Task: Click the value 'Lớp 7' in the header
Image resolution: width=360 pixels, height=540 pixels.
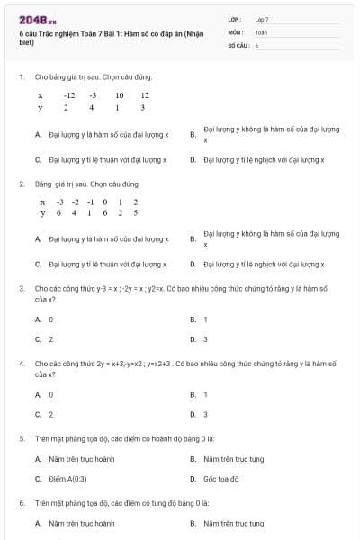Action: (262, 19)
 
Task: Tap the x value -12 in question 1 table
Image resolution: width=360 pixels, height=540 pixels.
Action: (69, 94)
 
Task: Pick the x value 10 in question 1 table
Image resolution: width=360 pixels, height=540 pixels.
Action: (119, 94)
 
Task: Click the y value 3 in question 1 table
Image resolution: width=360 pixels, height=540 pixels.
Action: (143, 108)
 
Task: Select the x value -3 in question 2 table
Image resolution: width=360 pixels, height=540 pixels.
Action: (59, 202)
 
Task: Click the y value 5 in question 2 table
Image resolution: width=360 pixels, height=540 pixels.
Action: (135, 213)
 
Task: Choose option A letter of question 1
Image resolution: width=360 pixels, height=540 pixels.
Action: (38, 135)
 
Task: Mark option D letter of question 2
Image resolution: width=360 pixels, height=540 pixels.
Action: (193, 265)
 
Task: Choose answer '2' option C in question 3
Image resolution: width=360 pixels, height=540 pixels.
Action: (50, 339)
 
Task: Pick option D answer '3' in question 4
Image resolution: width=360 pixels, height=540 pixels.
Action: (205, 414)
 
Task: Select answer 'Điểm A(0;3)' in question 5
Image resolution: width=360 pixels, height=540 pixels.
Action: (68, 479)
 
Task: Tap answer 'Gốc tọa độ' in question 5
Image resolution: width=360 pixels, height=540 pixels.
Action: (221, 479)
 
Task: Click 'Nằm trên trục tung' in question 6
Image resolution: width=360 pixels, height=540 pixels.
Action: (233, 523)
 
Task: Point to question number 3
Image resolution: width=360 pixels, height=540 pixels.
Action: (22, 288)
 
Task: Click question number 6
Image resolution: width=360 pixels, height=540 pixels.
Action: (22, 503)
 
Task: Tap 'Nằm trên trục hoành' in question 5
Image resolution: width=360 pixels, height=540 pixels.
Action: (81, 459)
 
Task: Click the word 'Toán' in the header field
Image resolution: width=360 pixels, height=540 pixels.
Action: (261, 31)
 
